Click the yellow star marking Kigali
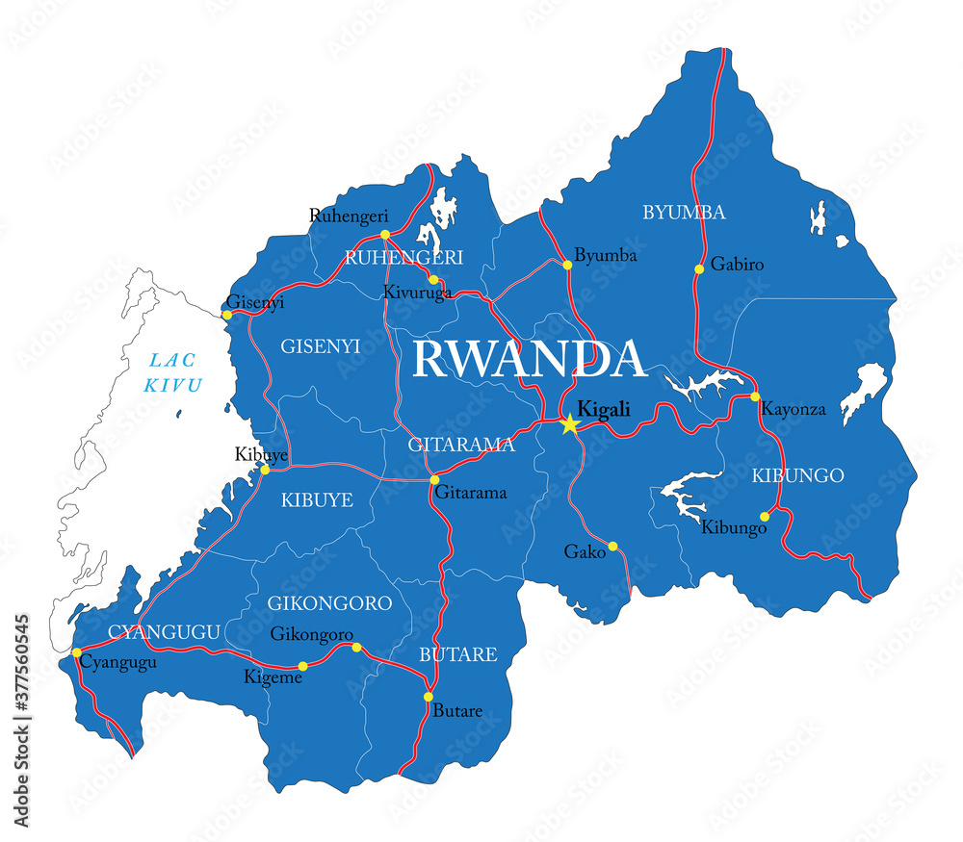tap(569, 423)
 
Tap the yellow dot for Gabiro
tap(699, 268)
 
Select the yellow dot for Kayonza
tap(755, 396)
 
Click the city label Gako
tap(585, 551)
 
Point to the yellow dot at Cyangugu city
tap(77, 652)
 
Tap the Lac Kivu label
tap(174, 373)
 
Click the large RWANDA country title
tap(529, 360)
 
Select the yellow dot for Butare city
tap(429, 697)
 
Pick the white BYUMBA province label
tap(684, 213)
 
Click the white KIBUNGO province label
tap(797, 475)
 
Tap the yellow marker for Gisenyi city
tap(227, 315)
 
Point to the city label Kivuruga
tap(417, 293)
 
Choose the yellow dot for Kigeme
tap(302, 666)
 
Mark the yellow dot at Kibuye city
tap(265, 470)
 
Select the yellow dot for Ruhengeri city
tap(384, 234)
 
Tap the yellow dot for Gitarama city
tap(434, 479)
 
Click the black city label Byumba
tap(606, 256)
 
